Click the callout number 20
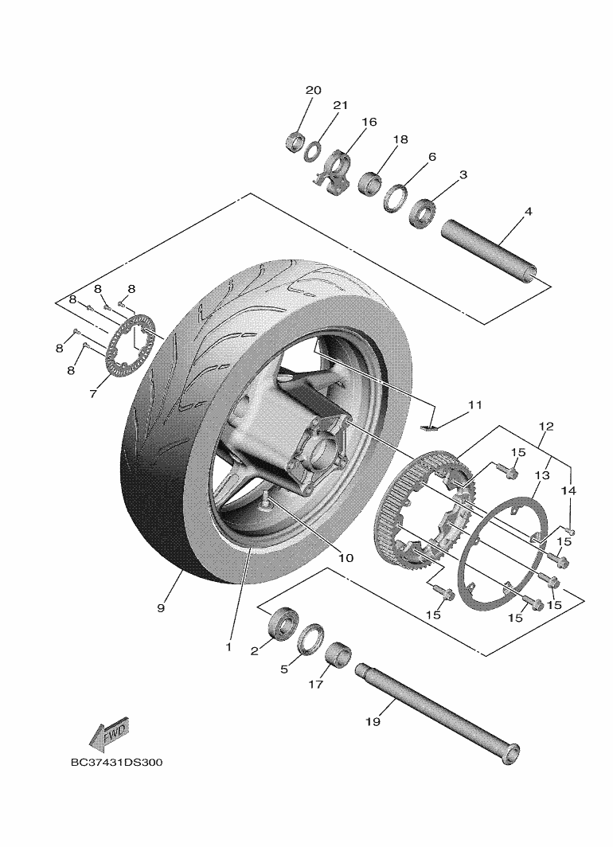pyautogui.click(x=313, y=90)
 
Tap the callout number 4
pyautogui.click(x=528, y=212)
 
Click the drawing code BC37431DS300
pyautogui.click(x=116, y=762)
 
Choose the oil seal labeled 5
pyautogui.click(x=311, y=638)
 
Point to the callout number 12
pyautogui.click(x=545, y=427)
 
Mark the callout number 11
pyautogui.click(x=475, y=405)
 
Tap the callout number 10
pyautogui.click(x=345, y=558)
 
